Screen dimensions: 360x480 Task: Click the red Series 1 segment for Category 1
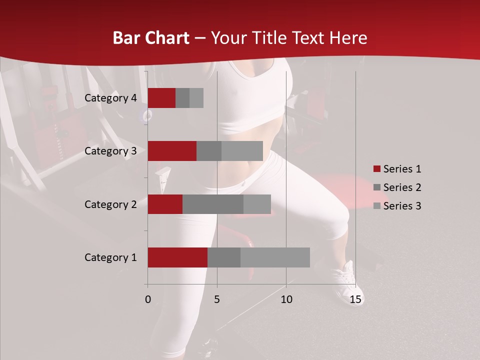coord(177,257)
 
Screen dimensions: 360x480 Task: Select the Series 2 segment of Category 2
coord(213,204)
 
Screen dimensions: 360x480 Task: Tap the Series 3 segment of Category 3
coord(242,151)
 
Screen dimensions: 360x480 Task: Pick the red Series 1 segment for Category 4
coord(161,98)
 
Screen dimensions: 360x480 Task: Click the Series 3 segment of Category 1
coord(275,257)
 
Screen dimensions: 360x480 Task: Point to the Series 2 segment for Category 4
coord(182,98)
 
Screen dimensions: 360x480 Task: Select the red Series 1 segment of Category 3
coord(172,151)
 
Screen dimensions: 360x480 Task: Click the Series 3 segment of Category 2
coord(257,204)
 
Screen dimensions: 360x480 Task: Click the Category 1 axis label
coord(110,257)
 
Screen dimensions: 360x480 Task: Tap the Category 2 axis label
coord(110,204)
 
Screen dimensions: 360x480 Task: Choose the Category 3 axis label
coord(110,151)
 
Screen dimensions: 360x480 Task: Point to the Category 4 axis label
coord(110,98)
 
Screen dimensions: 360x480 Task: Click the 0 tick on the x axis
coord(148,299)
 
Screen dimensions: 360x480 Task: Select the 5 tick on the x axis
coord(217,299)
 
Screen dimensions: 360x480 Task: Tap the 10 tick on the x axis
coord(286,299)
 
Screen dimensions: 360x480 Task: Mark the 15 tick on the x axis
coord(355,299)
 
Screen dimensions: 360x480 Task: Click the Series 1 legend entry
coord(397,169)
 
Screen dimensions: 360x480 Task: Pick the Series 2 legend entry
coord(397,187)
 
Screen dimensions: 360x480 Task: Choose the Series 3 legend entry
coord(397,206)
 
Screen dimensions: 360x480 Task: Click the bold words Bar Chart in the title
coord(151,37)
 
